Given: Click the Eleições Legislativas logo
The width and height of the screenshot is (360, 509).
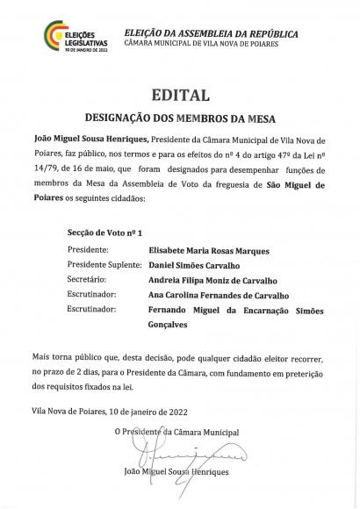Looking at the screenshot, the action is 63,37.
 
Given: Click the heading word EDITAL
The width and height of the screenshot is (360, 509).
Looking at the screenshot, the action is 179,95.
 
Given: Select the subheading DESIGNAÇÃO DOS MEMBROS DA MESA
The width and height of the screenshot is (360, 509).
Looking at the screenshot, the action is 179,116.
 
